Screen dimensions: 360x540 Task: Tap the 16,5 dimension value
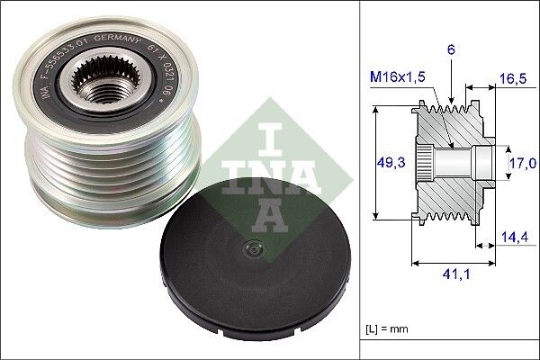[513, 79]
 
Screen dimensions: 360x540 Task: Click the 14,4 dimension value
[513, 238]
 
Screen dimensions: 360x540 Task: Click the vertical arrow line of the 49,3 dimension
[371, 162]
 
